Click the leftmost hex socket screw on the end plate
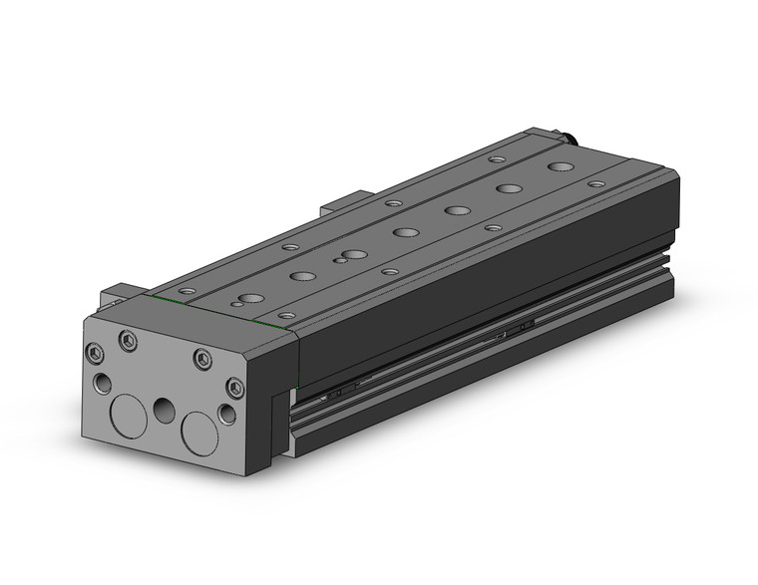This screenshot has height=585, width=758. click(96, 352)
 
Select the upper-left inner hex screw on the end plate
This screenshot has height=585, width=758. click(128, 341)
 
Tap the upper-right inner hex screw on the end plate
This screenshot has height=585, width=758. click(202, 359)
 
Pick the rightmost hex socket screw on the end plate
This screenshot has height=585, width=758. click(234, 387)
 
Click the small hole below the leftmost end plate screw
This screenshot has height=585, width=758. click(103, 384)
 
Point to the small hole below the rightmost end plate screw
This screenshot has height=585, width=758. click(227, 414)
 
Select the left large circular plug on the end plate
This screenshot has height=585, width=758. click(128, 414)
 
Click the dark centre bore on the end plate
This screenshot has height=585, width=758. click(165, 409)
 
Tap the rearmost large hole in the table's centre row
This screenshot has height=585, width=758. click(562, 168)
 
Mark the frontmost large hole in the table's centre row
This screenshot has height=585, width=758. click(249, 298)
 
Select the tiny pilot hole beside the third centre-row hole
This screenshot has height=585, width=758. click(342, 260)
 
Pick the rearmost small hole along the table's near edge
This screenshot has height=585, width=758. click(596, 184)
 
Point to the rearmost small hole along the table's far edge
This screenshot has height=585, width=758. click(497, 159)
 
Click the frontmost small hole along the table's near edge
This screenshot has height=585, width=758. click(286, 315)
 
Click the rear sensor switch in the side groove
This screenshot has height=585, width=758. click(518, 326)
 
